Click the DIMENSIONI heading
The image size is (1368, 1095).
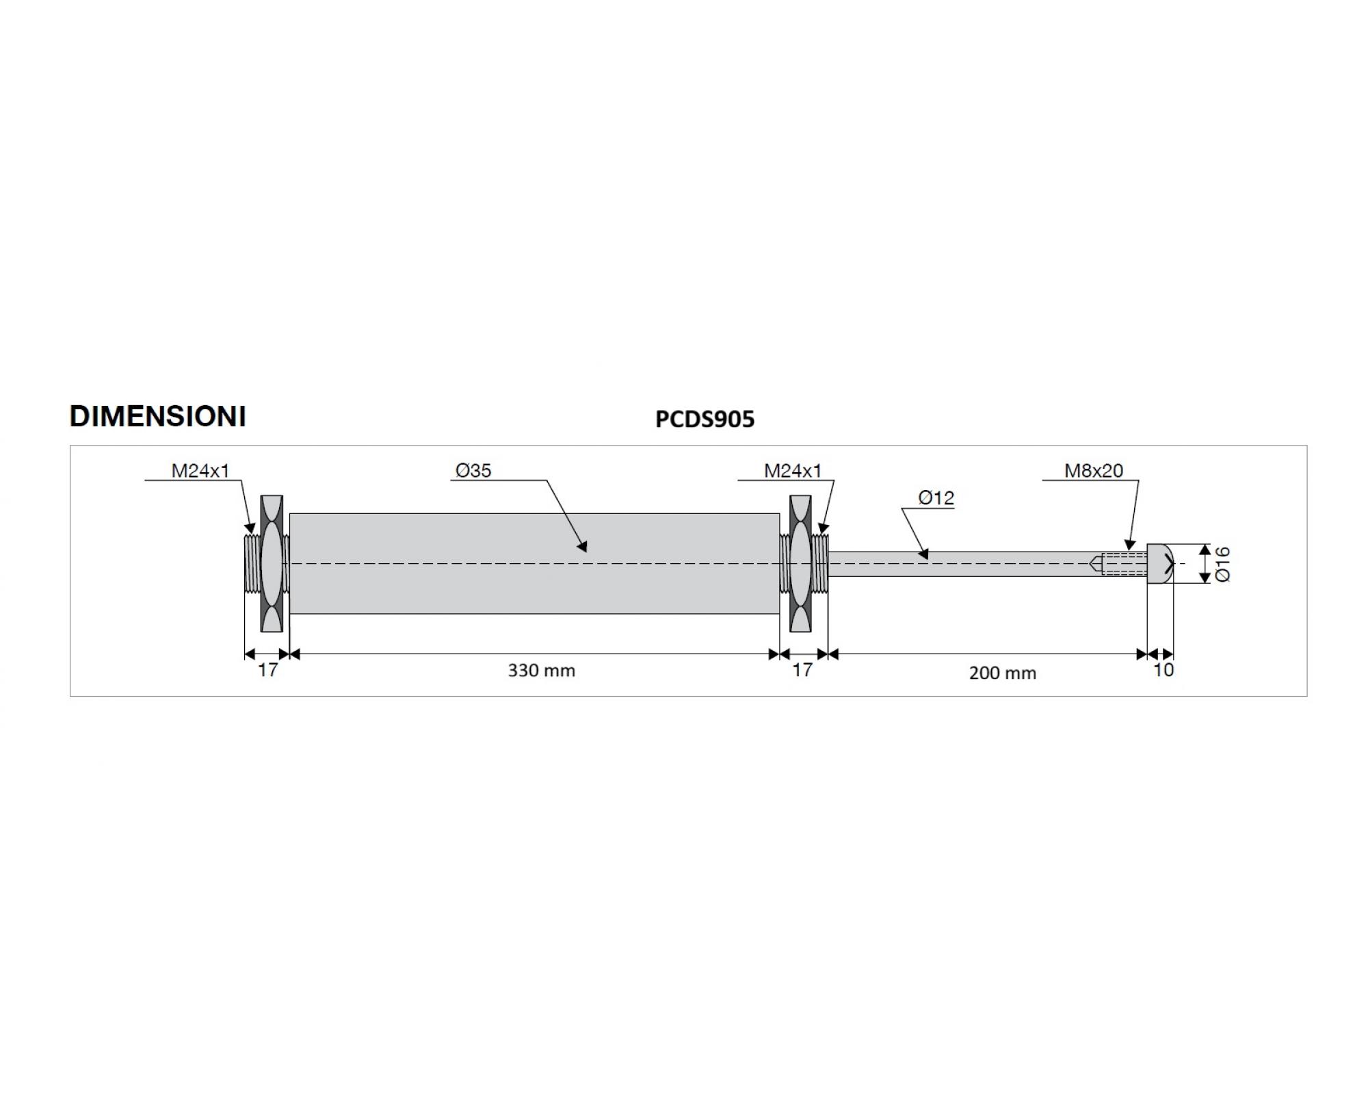(x=158, y=417)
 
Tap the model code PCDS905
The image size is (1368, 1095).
(x=705, y=419)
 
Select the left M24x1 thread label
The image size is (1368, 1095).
(x=200, y=470)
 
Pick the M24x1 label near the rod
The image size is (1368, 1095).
(x=793, y=470)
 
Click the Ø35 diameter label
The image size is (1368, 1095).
(x=473, y=470)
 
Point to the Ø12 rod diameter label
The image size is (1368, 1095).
(x=936, y=498)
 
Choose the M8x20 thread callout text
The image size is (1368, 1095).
(x=1094, y=470)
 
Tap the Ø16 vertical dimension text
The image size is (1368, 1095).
(x=1223, y=564)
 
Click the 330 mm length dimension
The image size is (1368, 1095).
(x=541, y=671)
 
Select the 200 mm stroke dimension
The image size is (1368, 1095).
(x=1003, y=673)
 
